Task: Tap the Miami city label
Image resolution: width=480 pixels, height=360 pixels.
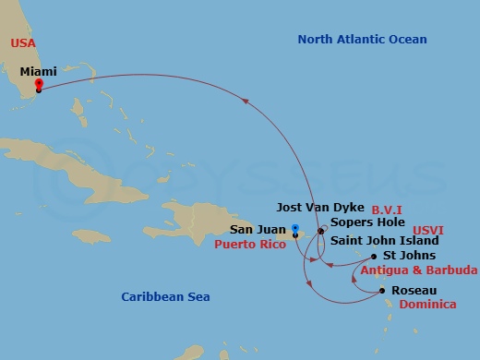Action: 38,70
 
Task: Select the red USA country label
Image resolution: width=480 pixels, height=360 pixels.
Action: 23,43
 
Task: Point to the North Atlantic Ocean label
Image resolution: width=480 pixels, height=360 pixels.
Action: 362,38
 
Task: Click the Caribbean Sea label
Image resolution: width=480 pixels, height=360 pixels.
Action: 165,296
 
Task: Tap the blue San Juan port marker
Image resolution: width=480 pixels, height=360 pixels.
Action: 294,227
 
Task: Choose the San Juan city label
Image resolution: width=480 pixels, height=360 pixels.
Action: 257,230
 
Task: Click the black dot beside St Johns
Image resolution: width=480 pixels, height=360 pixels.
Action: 373,256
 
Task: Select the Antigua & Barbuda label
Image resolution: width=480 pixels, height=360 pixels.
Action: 419,270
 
